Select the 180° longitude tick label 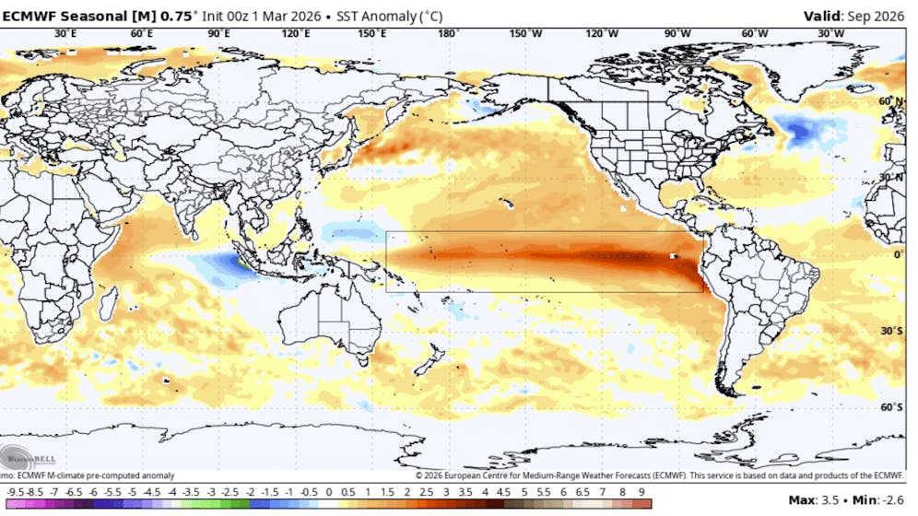point(449,34)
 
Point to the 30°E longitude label point(65,34)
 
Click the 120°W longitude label point(601,34)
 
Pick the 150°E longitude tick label point(371,34)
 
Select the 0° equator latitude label point(897,254)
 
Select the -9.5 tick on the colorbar point(14,490)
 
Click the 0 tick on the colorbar point(329,490)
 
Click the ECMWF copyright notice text point(659,475)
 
